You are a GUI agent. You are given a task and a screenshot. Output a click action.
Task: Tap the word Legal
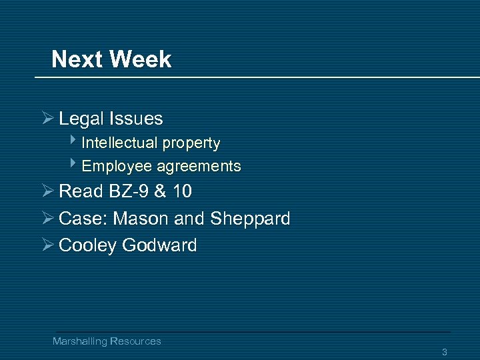click(81, 119)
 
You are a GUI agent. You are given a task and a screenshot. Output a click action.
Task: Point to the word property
click(190, 143)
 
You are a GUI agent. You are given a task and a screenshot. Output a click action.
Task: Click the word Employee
click(116, 166)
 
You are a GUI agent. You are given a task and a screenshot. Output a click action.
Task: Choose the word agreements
click(199, 167)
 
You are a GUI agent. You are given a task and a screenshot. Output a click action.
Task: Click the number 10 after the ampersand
click(182, 191)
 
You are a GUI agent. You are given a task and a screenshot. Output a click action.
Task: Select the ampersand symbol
click(161, 191)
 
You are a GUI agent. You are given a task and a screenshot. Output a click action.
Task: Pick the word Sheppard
click(250, 219)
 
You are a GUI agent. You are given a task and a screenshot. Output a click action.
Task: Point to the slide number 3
click(445, 352)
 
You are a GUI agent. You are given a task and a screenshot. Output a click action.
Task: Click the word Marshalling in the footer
click(80, 341)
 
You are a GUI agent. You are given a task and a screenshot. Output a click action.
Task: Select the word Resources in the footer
click(135, 341)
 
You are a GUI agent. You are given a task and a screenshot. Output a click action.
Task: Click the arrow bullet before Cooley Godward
click(47, 245)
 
